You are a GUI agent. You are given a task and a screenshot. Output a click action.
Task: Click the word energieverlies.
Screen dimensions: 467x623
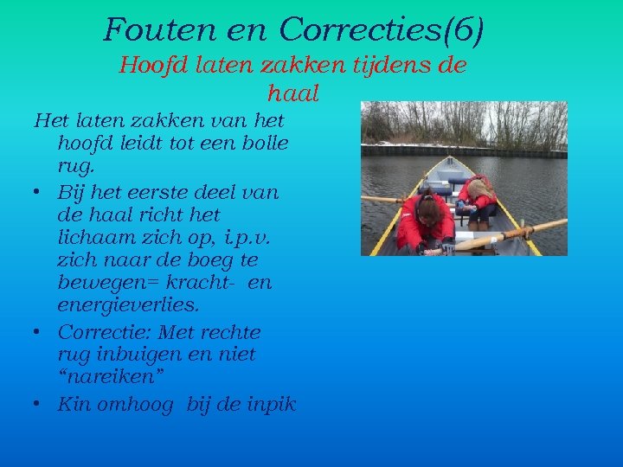[x=127, y=305]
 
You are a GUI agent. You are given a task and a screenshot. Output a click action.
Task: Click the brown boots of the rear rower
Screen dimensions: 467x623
[x=478, y=223]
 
